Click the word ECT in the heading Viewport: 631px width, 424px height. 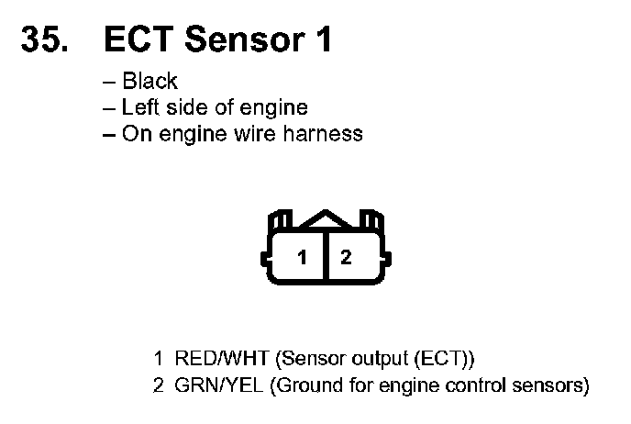[138, 39]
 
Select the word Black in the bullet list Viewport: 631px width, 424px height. [149, 82]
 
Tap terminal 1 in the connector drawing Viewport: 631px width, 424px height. [302, 258]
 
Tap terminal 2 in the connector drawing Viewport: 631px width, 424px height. [346, 258]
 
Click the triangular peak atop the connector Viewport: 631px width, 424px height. [324, 218]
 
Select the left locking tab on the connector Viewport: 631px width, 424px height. [279, 222]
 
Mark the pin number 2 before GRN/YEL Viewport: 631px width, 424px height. [159, 385]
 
